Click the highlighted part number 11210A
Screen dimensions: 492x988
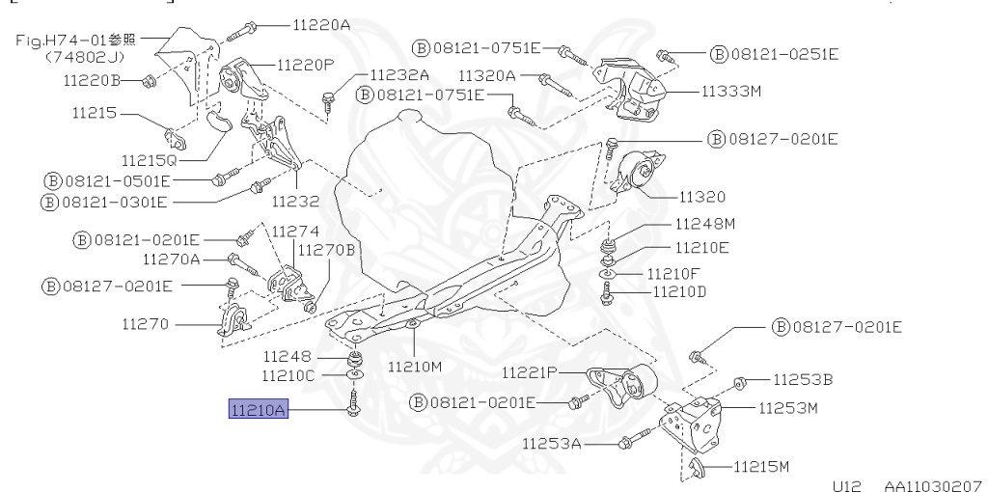258,410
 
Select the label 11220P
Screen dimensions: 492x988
305,66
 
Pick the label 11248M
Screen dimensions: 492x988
704,225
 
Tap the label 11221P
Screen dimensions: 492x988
530,372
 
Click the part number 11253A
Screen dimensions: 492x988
551,444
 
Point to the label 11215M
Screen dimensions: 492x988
761,467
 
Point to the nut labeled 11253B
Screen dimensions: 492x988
739,382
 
